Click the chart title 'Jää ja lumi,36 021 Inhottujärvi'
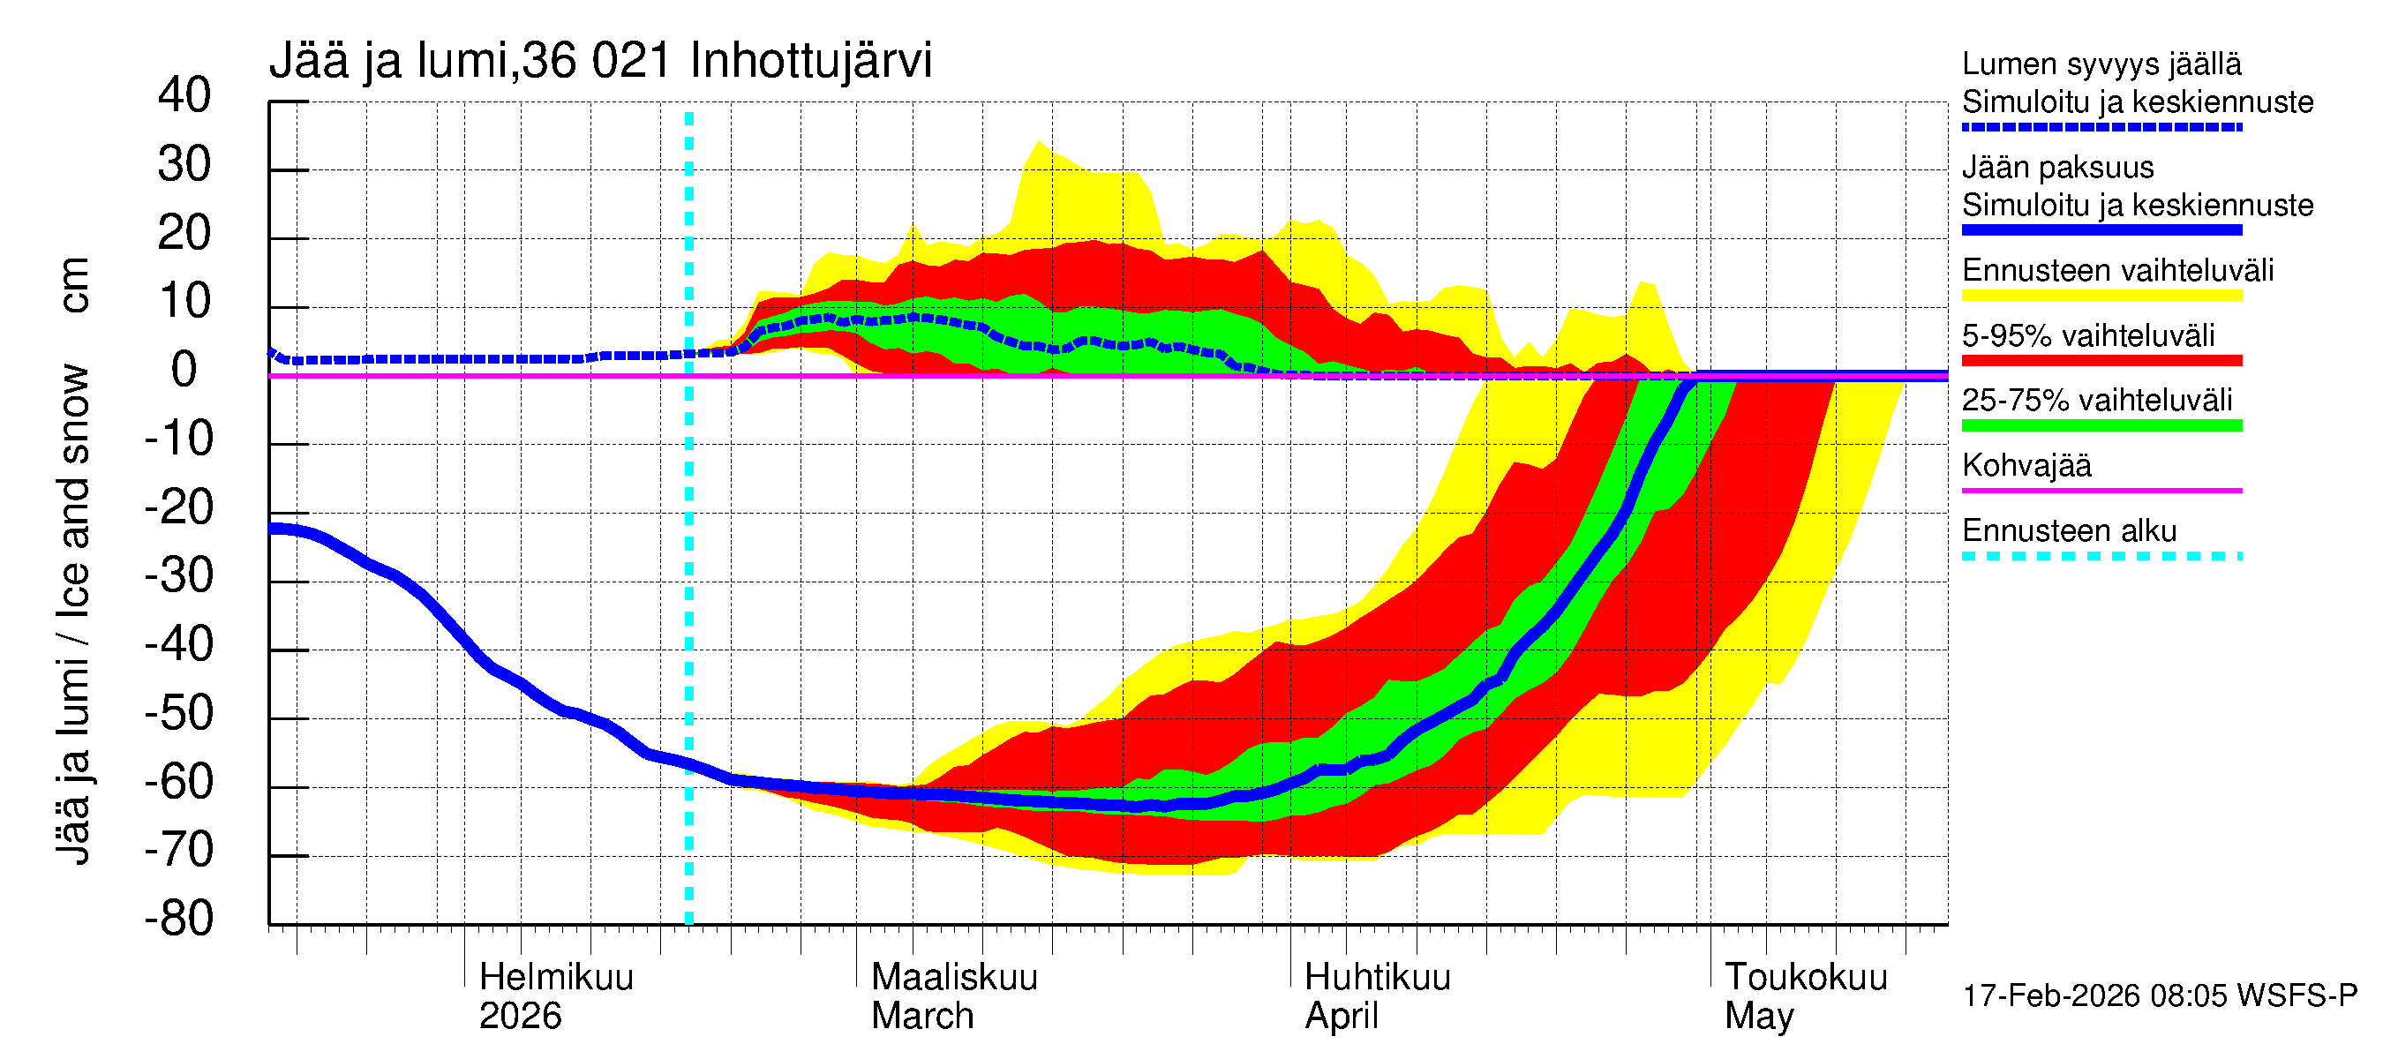pos(599,61)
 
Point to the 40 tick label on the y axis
pos(184,95)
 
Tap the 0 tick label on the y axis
pos(184,370)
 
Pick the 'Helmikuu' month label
pos(556,977)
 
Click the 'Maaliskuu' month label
pos(954,977)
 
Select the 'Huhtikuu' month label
pos(1377,977)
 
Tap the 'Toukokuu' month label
pos(1805,977)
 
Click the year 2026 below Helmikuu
pos(520,1017)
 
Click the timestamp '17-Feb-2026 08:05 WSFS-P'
pos(2159,996)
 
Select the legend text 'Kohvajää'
pos(2026,465)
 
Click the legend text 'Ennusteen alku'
pos(2069,531)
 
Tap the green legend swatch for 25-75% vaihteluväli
pos(2101,425)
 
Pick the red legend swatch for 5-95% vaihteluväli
pos(2101,361)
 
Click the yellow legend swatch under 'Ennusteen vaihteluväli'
pos(2101,296)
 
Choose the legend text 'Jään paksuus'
pos(2057,168)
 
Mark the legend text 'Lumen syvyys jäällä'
pos(2101,64)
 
